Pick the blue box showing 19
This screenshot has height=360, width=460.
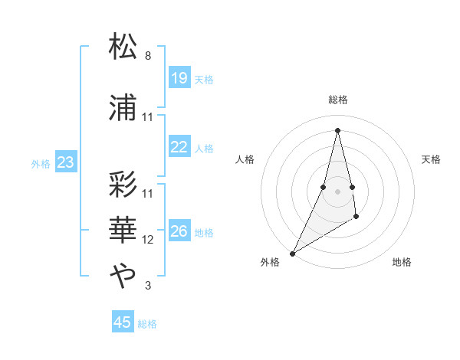click(x=179, y=78)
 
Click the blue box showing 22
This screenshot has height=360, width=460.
click(x=179, y=148)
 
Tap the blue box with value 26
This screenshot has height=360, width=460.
click(x=179, y=232)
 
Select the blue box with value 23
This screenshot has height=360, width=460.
click(x=66, y=162)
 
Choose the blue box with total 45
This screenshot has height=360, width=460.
click(x=123, y=322)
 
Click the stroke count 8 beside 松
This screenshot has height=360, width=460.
click(x=148, y=56)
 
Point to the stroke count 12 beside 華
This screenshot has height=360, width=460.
click(x=148, y=240)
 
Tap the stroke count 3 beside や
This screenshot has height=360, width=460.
click(x=148, y=286)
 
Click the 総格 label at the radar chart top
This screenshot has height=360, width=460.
click(x=337, y=100)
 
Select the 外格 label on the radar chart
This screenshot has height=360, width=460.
click(x=270, y=262)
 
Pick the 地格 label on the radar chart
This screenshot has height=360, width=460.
click(x=402, y=262)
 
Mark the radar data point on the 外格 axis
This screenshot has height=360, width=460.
click(x=292, y=254)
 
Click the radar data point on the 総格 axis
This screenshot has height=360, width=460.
click(x=337, y=130)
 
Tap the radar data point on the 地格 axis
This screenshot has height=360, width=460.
click(x=356, y=218)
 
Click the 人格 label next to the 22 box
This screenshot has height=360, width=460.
click(x=204, y=149)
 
